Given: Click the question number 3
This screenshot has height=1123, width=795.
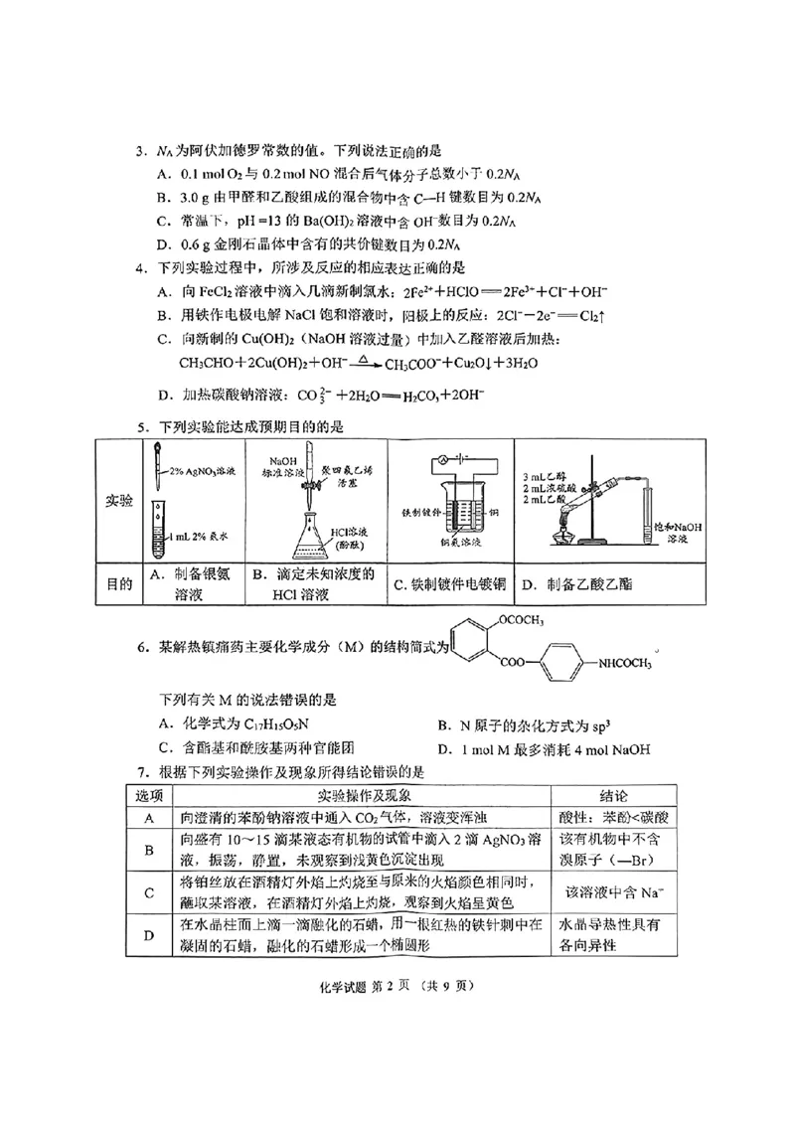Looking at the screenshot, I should [x=140, y=151].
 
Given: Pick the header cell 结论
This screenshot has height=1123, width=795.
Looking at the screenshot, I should [x=613, y=796].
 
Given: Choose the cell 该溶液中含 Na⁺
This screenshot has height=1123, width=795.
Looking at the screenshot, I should [x=606, y=891].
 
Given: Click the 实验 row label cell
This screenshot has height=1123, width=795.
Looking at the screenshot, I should [x=118, y=502].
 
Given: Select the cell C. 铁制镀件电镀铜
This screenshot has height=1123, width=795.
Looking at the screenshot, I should [x=449, y=584].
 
